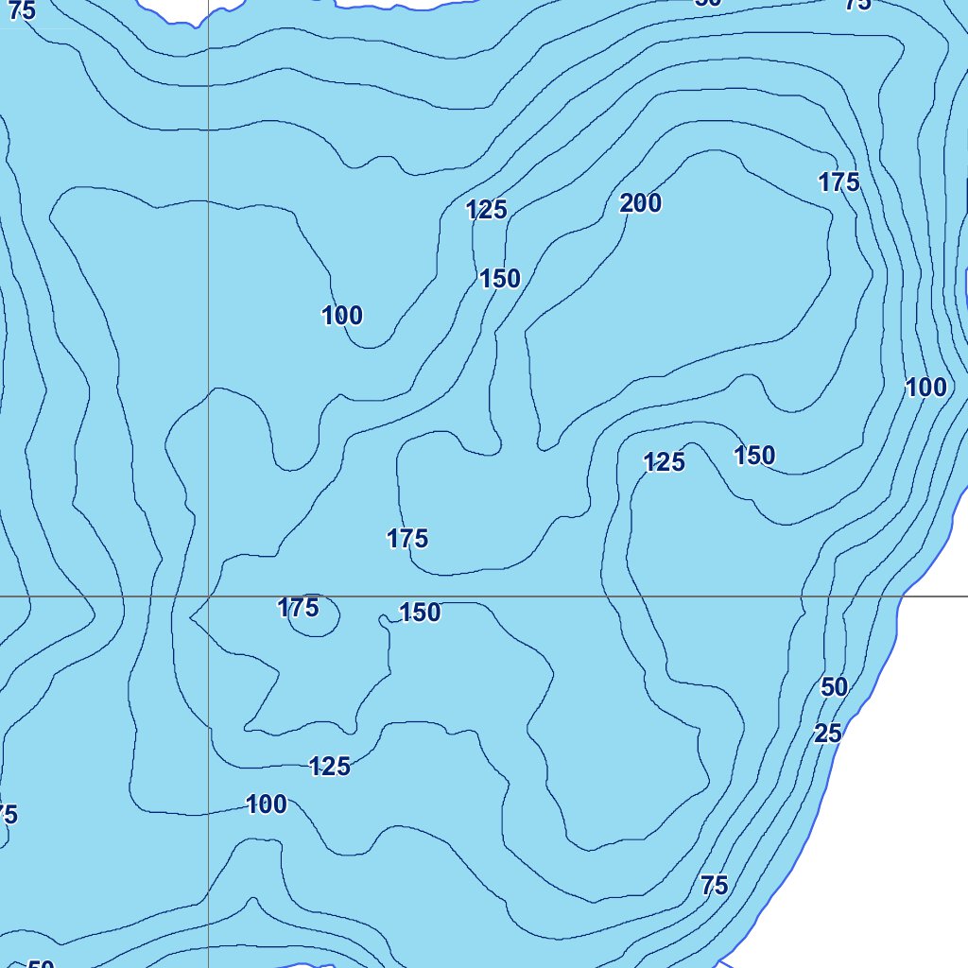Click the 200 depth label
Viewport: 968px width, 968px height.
pos(641,203)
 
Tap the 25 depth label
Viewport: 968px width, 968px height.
pos(828,734)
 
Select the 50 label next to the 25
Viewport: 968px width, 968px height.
pos(834,687)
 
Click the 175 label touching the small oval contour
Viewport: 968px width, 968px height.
pos(298,608)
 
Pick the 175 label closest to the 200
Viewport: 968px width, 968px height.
pos(838,182)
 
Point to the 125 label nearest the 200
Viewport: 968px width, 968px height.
pos(487,210)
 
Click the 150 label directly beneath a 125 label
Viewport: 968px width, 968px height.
pos(500,279)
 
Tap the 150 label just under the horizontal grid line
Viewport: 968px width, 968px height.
pos(420,613)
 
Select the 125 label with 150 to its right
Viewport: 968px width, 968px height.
pos(664,462)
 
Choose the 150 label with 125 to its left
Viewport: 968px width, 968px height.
pos(754,456)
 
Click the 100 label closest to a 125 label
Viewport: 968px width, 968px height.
pos(267,805)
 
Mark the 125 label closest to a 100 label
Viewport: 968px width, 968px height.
pos(330,767)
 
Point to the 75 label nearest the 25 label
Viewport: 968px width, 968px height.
pos(715,886)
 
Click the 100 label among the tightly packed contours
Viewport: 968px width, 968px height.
pos(925,387)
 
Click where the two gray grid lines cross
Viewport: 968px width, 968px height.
pos(208,596)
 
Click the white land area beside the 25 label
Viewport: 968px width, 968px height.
pos(907,756)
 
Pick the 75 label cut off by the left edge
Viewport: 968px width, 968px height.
pos(7,814)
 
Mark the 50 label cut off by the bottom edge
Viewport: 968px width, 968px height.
pos(41,963)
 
